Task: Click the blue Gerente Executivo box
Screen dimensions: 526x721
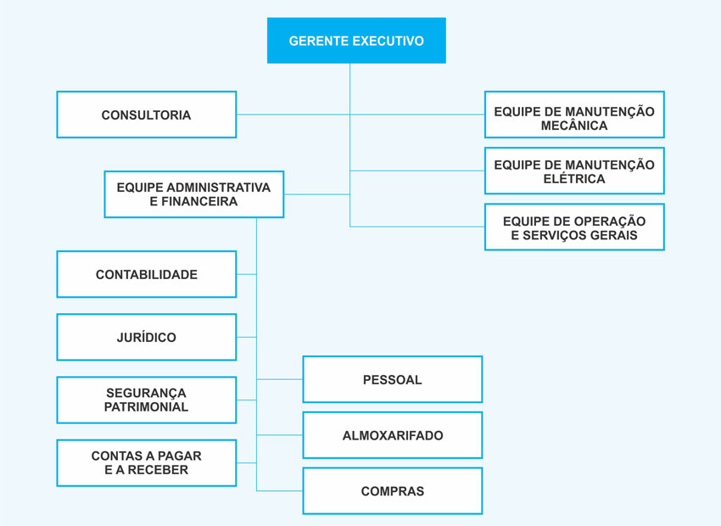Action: (x=356, y=41)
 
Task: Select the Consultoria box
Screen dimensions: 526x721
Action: (x=146, y=115)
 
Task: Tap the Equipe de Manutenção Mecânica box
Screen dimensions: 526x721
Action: (x=574, y=115)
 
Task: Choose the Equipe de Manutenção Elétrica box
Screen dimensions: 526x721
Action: (x=574, y=171)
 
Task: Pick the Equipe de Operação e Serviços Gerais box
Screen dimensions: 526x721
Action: (x=574, y=227)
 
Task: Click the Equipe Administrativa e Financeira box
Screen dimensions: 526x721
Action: (x=193, y=194)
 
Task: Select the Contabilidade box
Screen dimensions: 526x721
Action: (x=146, y=274)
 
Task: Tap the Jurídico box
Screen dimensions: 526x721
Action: (x=146, y=337)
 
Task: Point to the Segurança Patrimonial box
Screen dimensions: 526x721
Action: (x=146, y=400)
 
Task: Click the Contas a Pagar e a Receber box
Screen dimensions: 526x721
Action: (x=146, y=462)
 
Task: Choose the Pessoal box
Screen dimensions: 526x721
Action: (x=392, y=379)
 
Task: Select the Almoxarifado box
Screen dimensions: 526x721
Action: (x=392, y=435)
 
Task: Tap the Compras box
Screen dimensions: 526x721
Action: (x=392, y=491)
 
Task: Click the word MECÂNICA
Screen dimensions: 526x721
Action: (x=574, y=126)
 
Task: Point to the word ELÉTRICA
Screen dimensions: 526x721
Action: (x=574, y=179)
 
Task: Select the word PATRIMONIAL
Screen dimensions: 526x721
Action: (x=146, y=407)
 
